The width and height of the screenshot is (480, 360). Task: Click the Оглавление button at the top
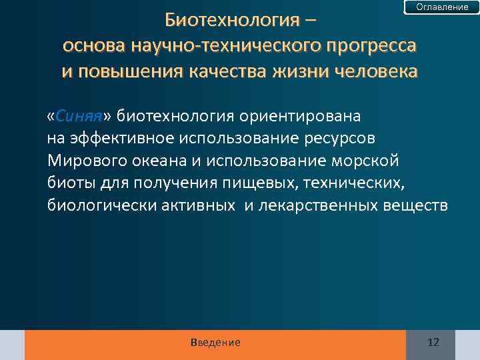click(x=442, y=7)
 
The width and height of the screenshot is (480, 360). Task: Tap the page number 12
click(x=433, y=343)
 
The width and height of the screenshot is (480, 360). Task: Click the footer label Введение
click(x=215, y=343)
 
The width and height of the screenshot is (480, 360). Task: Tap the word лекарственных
click(x=317, y=205)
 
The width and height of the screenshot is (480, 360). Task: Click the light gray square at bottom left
click(x=12, y=345)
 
